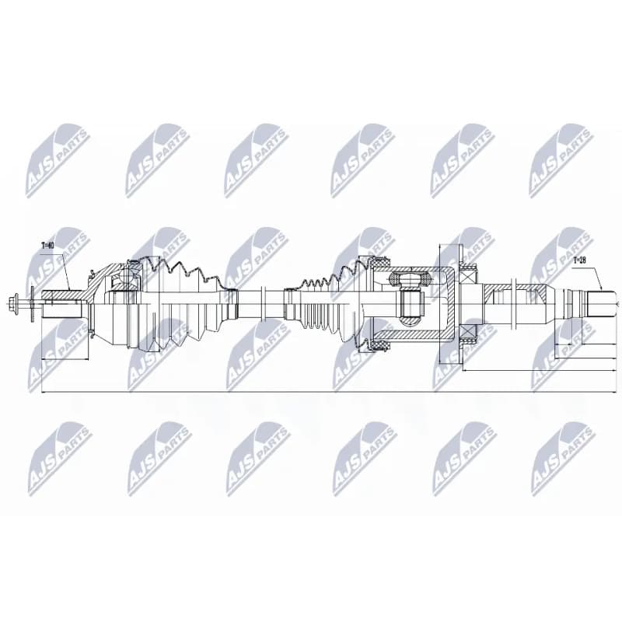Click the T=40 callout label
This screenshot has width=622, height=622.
(47, 246)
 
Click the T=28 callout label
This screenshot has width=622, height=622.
(579, 260)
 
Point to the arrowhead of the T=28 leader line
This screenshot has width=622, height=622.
(601, 288)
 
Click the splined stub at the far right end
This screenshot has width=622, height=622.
(602, 304)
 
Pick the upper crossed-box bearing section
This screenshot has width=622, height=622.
(469, 274)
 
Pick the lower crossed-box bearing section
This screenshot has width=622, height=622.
(469, 334)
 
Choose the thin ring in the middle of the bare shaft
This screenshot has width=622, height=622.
(263, 304)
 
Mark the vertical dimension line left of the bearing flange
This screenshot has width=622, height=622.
(439, 304)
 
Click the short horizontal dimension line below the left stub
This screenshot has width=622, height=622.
(65, 359)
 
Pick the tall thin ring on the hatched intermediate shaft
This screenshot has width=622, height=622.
(513, 304)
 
